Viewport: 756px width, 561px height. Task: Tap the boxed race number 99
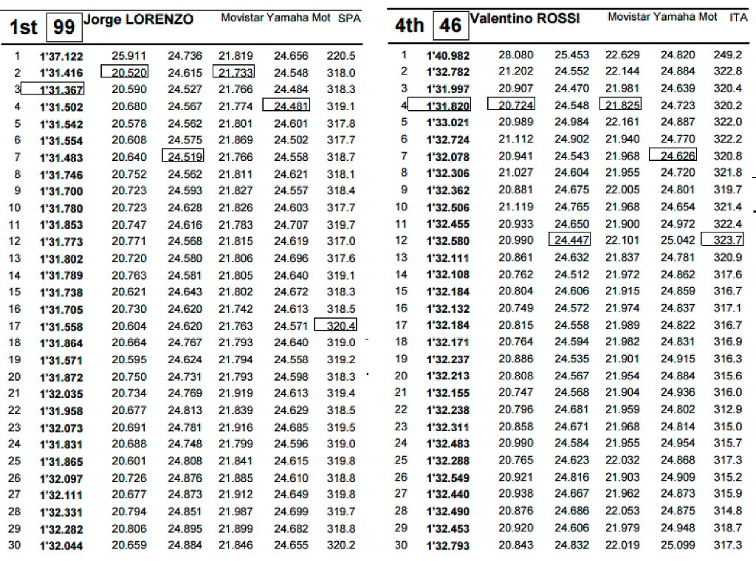click(x=64, y=27)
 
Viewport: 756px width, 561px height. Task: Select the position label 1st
click(x=23, y=27)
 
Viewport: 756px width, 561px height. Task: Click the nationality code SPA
click(x=349, y=18)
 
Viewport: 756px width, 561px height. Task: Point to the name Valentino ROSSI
click(x=526, y=18)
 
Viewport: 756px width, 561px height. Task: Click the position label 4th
click(x=409, y=27)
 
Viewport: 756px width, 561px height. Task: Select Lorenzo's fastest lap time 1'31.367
click(x=61, y=89)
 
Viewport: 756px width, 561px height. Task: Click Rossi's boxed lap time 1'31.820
click(x=447, y=106)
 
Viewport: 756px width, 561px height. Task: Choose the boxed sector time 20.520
click(x=129, y=72)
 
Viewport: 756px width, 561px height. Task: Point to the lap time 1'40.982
click(x=447, y=55)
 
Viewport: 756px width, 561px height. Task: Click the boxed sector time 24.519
click(x=183, y=156)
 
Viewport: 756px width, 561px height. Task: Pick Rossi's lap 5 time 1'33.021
click(x=447, y=123)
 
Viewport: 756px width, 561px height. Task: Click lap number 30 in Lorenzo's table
click(x=14, y=545)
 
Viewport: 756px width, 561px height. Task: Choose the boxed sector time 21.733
click(x=233, y=72)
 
